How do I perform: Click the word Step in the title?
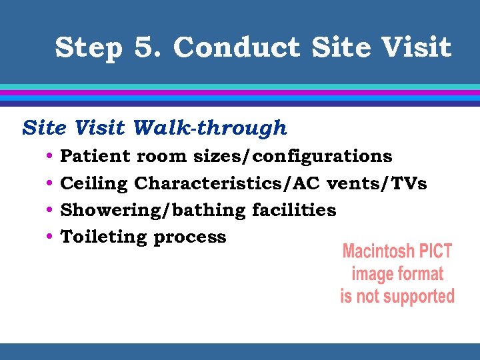point(89,48)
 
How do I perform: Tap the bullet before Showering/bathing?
point(51,211)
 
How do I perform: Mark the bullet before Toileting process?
point(51,237)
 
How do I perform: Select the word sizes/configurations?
point(293,157)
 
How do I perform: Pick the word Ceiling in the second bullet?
point(94,183)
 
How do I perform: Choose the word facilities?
point(294,210)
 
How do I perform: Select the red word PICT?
point(435,252)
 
